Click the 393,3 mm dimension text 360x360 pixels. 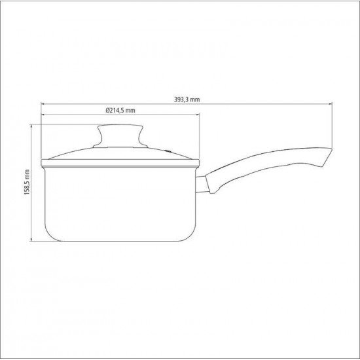click(187, 99)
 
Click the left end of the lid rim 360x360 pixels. click(41, 161)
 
